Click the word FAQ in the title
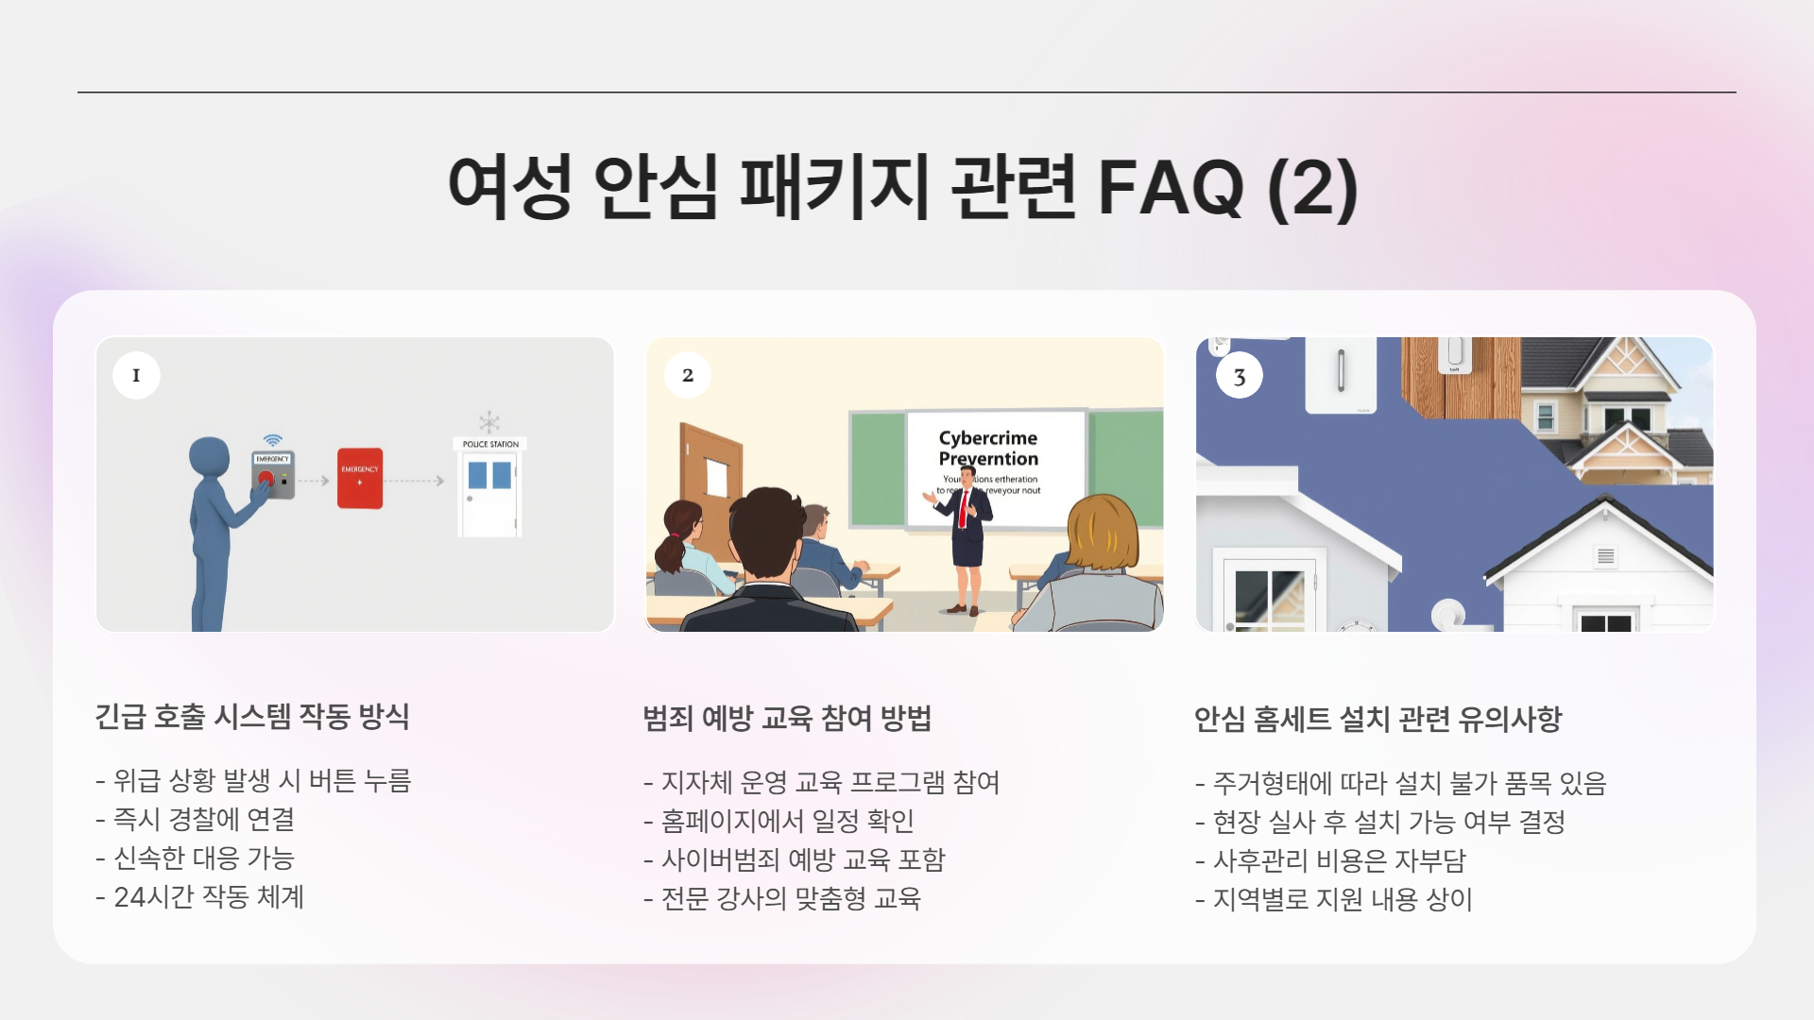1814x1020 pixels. tap(1170, 187)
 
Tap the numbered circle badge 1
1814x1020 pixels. tap(136, 375)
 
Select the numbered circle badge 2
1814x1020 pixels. tap(688, 375)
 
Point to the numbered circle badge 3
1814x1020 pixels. tap(1240, 377)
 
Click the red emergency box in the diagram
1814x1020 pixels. tap(360, 478)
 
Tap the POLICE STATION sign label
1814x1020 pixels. tap(490, 444)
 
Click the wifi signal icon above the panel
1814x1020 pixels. tap(273, 440)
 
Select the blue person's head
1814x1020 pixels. tap(210, 457)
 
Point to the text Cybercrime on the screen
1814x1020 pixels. tap(987, 438)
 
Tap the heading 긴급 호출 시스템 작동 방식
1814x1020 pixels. tap(252, 717)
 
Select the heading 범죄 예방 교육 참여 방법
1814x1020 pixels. tap(787, 719)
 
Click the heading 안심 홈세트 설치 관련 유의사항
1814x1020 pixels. tap(1378, 720)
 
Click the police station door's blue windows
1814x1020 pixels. tap(489, 475)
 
